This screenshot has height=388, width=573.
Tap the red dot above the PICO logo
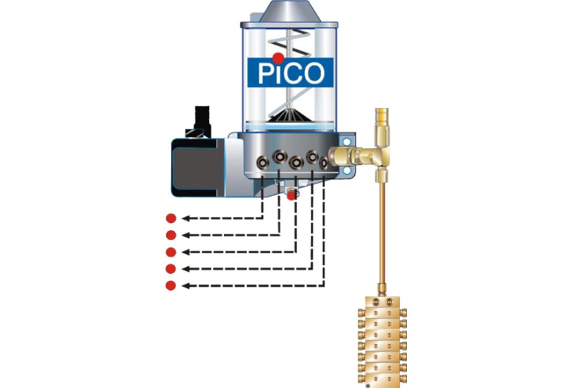click(x=279, y=57)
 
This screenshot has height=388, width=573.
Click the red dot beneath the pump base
click(x=292, y=195)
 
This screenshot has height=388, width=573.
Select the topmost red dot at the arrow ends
click(x=171, y=218)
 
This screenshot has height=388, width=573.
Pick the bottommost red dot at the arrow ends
click(x=171, y=285)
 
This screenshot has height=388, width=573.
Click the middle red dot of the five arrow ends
click(x=171, y=252)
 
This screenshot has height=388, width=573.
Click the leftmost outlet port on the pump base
click(x=262, y=160)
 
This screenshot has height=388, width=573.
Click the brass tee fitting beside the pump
click(x=378, y=156)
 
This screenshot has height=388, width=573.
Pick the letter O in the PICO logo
click(x=315, y=73)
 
